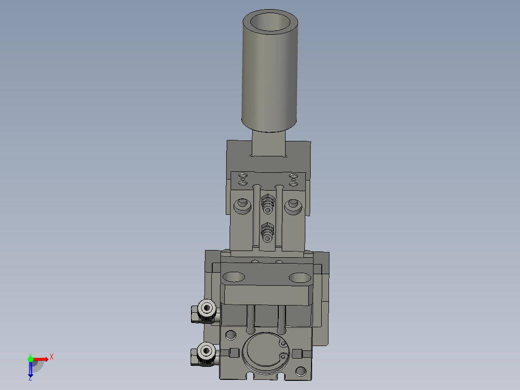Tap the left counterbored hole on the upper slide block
pyautogui.click(x=242, y=207)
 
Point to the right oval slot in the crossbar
pyautogui.click(x=300, y=278)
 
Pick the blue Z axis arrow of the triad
pyautogui.click(x=30, y=370)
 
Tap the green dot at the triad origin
pyautogui.click(x=30, y=359)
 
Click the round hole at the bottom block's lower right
pyautogui.click(x=301, y=371)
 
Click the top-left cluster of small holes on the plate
pyautogui.click(x=243, y=179)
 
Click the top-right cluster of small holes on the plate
pyautogui.click(x=293, y=179)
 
